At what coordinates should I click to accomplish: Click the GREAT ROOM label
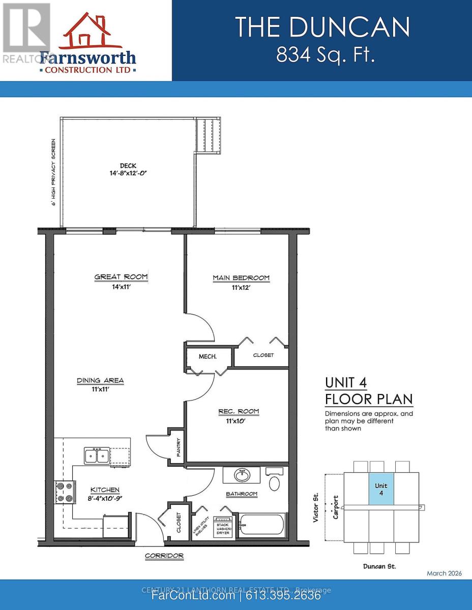tap(121, 277)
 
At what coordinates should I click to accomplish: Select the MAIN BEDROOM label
tap(241, 278)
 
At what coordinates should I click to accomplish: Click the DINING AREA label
tap(100, 381)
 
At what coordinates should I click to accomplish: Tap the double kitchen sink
tap(97, 455)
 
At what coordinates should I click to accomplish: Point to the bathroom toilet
tap(275, 482)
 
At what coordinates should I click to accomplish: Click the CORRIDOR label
tap(164, 556)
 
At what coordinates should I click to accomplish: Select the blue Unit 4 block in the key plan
tap(381, 489)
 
